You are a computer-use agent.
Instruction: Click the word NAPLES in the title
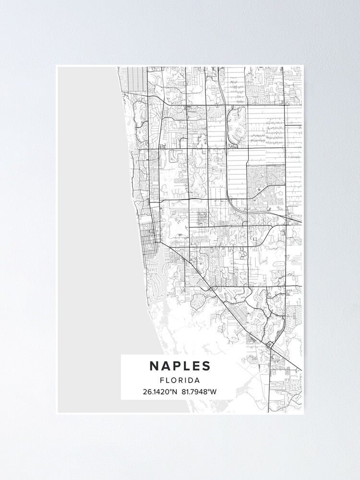pyautogui.click(x=180, y=366)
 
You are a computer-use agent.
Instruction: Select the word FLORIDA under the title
pyautogui.click(x=180, y=380)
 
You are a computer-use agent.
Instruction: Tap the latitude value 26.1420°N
pyautogui.click(x=160, y=392)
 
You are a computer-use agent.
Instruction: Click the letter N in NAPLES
pyautogui.click(x=154, y=366)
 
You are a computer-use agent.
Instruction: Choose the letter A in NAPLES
pyautogui.click(x=165, y=366)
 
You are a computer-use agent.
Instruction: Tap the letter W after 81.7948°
pyautogui.click(x=214, y=392)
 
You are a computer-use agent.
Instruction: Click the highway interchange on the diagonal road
pyautogui.click(x=270, y=344)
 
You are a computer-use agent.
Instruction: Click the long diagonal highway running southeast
pyautogui.click(x=216, y=293)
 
